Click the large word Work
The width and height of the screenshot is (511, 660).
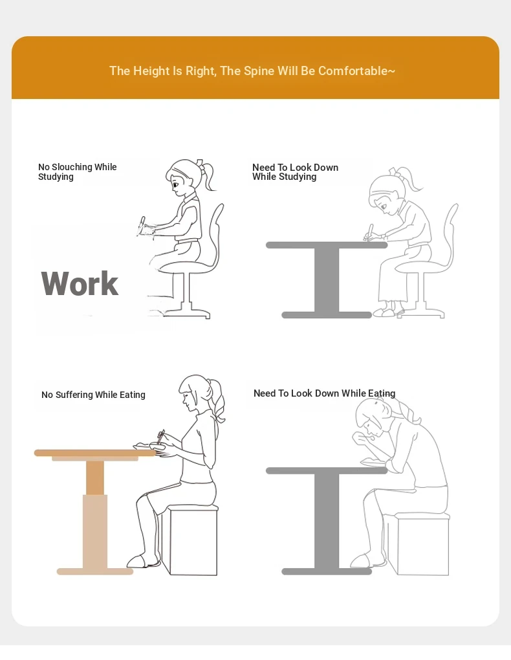tap(80, 283)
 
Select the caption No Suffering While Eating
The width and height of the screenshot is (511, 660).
tap(93, 395)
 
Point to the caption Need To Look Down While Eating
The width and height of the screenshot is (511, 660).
tap(325, 393)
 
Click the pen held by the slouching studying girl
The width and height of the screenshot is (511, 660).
tap(370, 231)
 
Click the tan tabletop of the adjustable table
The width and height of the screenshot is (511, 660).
tap(95, 453)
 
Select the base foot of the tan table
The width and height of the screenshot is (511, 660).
tap(95, 571)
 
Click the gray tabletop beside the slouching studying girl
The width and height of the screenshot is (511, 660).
tap(327, 245)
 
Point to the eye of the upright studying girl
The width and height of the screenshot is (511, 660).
tap(175, 184)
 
